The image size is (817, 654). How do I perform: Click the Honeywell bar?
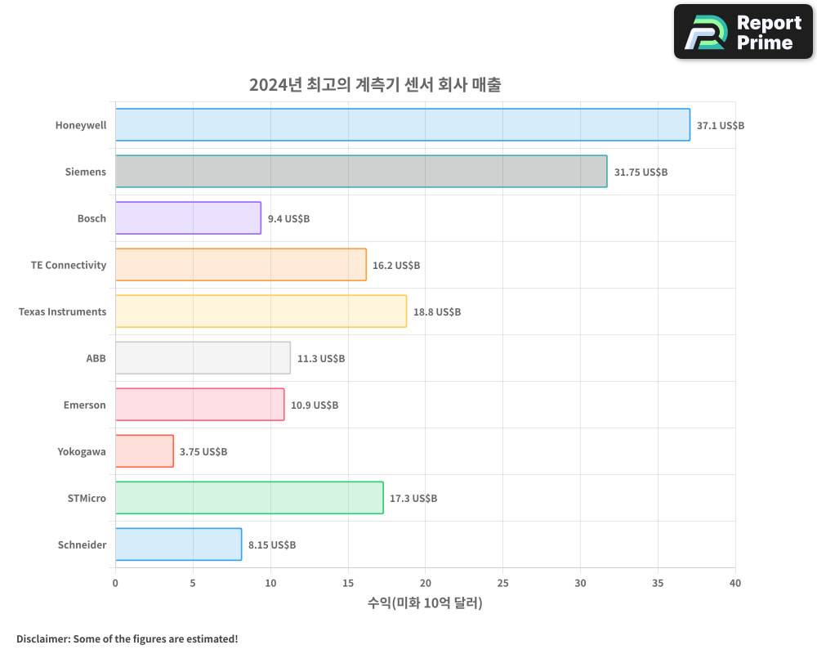coord(402,125)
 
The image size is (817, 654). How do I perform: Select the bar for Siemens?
coord(360,172)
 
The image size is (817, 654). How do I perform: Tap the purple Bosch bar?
coord(188,218)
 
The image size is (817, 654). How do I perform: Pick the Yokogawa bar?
coord(144,451)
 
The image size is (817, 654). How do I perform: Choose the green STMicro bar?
coord(249,498)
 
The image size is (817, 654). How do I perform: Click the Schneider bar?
coord(178,544)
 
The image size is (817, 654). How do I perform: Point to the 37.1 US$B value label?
coord(720,126)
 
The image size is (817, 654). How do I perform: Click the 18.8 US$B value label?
coord(436,312)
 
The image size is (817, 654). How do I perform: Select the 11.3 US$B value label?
coord(320,359)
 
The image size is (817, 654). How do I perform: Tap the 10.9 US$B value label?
coord(314,405)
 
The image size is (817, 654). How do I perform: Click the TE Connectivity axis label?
coord(69,265)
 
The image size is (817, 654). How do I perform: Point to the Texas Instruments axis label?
coord(62,311)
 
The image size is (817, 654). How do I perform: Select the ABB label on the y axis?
coord(96,358)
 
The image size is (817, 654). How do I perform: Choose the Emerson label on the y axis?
coord(84,405)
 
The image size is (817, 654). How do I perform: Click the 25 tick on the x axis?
coord(502,583)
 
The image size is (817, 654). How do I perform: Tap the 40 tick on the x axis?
coord(735,583)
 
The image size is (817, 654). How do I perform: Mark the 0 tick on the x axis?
coord(115,583)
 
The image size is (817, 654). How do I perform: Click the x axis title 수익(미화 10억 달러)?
coord(425,603)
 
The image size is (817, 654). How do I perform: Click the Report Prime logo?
coord(743,32)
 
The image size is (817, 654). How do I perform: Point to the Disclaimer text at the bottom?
coord(127,638)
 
